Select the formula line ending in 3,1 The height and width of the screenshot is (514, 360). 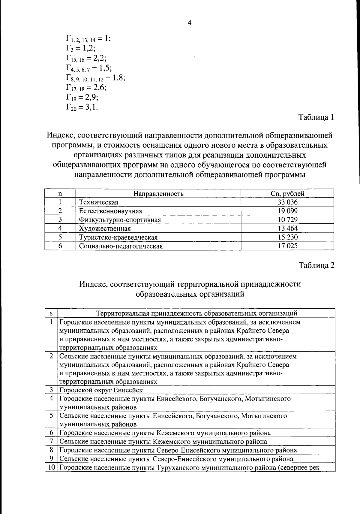(82, 107)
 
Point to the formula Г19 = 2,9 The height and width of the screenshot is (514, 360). (82, 97)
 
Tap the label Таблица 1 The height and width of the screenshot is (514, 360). (316, 117)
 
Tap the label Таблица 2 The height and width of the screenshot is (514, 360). (316, 265)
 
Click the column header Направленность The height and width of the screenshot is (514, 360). (158, 194)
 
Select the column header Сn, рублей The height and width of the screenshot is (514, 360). (287, 194)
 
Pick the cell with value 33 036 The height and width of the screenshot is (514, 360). (287, 202)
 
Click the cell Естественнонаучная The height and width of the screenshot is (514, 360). (110, 211)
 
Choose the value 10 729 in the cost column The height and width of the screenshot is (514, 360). (287, 220)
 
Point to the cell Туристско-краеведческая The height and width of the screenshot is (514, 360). (118, 237)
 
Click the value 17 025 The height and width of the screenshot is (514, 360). (287, 246)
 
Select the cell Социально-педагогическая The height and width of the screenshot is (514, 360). (121, 246)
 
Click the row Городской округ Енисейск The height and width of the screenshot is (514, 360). (101, 390)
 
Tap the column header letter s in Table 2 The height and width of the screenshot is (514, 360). (51, 313)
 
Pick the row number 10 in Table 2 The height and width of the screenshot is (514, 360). (51, 467)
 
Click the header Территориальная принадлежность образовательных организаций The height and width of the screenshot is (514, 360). (196, 313)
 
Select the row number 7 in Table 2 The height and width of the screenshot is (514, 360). (51, 441)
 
